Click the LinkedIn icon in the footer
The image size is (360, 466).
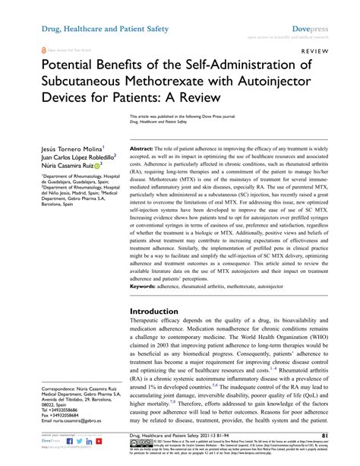68,440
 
